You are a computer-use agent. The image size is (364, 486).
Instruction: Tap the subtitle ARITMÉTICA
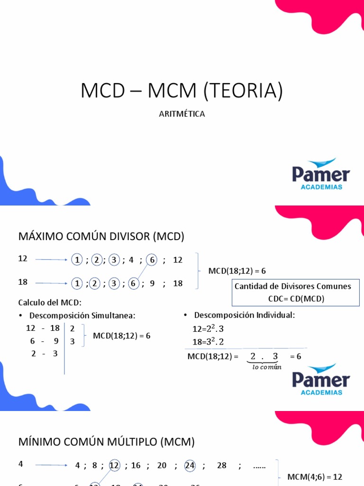[182, 114]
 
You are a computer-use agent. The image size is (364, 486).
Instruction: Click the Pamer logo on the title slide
[321, 174]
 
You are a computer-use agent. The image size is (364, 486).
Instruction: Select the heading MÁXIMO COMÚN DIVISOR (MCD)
[101, 236]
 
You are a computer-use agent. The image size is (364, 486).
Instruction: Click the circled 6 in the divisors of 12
[152, 260]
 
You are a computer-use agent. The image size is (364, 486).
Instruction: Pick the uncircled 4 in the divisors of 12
[131, 260]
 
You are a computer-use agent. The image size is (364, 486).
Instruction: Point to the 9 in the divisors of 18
[152, 283]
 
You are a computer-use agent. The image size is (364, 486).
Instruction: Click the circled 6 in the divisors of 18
[133, 283]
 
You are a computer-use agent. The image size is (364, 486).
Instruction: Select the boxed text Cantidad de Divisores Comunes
[293, 286]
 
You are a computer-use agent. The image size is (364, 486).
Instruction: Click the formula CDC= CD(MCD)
[292, 298]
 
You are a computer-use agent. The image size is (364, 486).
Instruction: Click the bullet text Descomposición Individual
[245, 315]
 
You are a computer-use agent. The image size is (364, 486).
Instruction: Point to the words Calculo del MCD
[50, 302]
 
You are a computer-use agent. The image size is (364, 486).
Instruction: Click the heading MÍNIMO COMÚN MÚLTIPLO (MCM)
[107, 442]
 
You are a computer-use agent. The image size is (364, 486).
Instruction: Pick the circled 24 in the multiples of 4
[190, 466]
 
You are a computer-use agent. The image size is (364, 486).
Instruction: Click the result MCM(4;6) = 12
[315, 477]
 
